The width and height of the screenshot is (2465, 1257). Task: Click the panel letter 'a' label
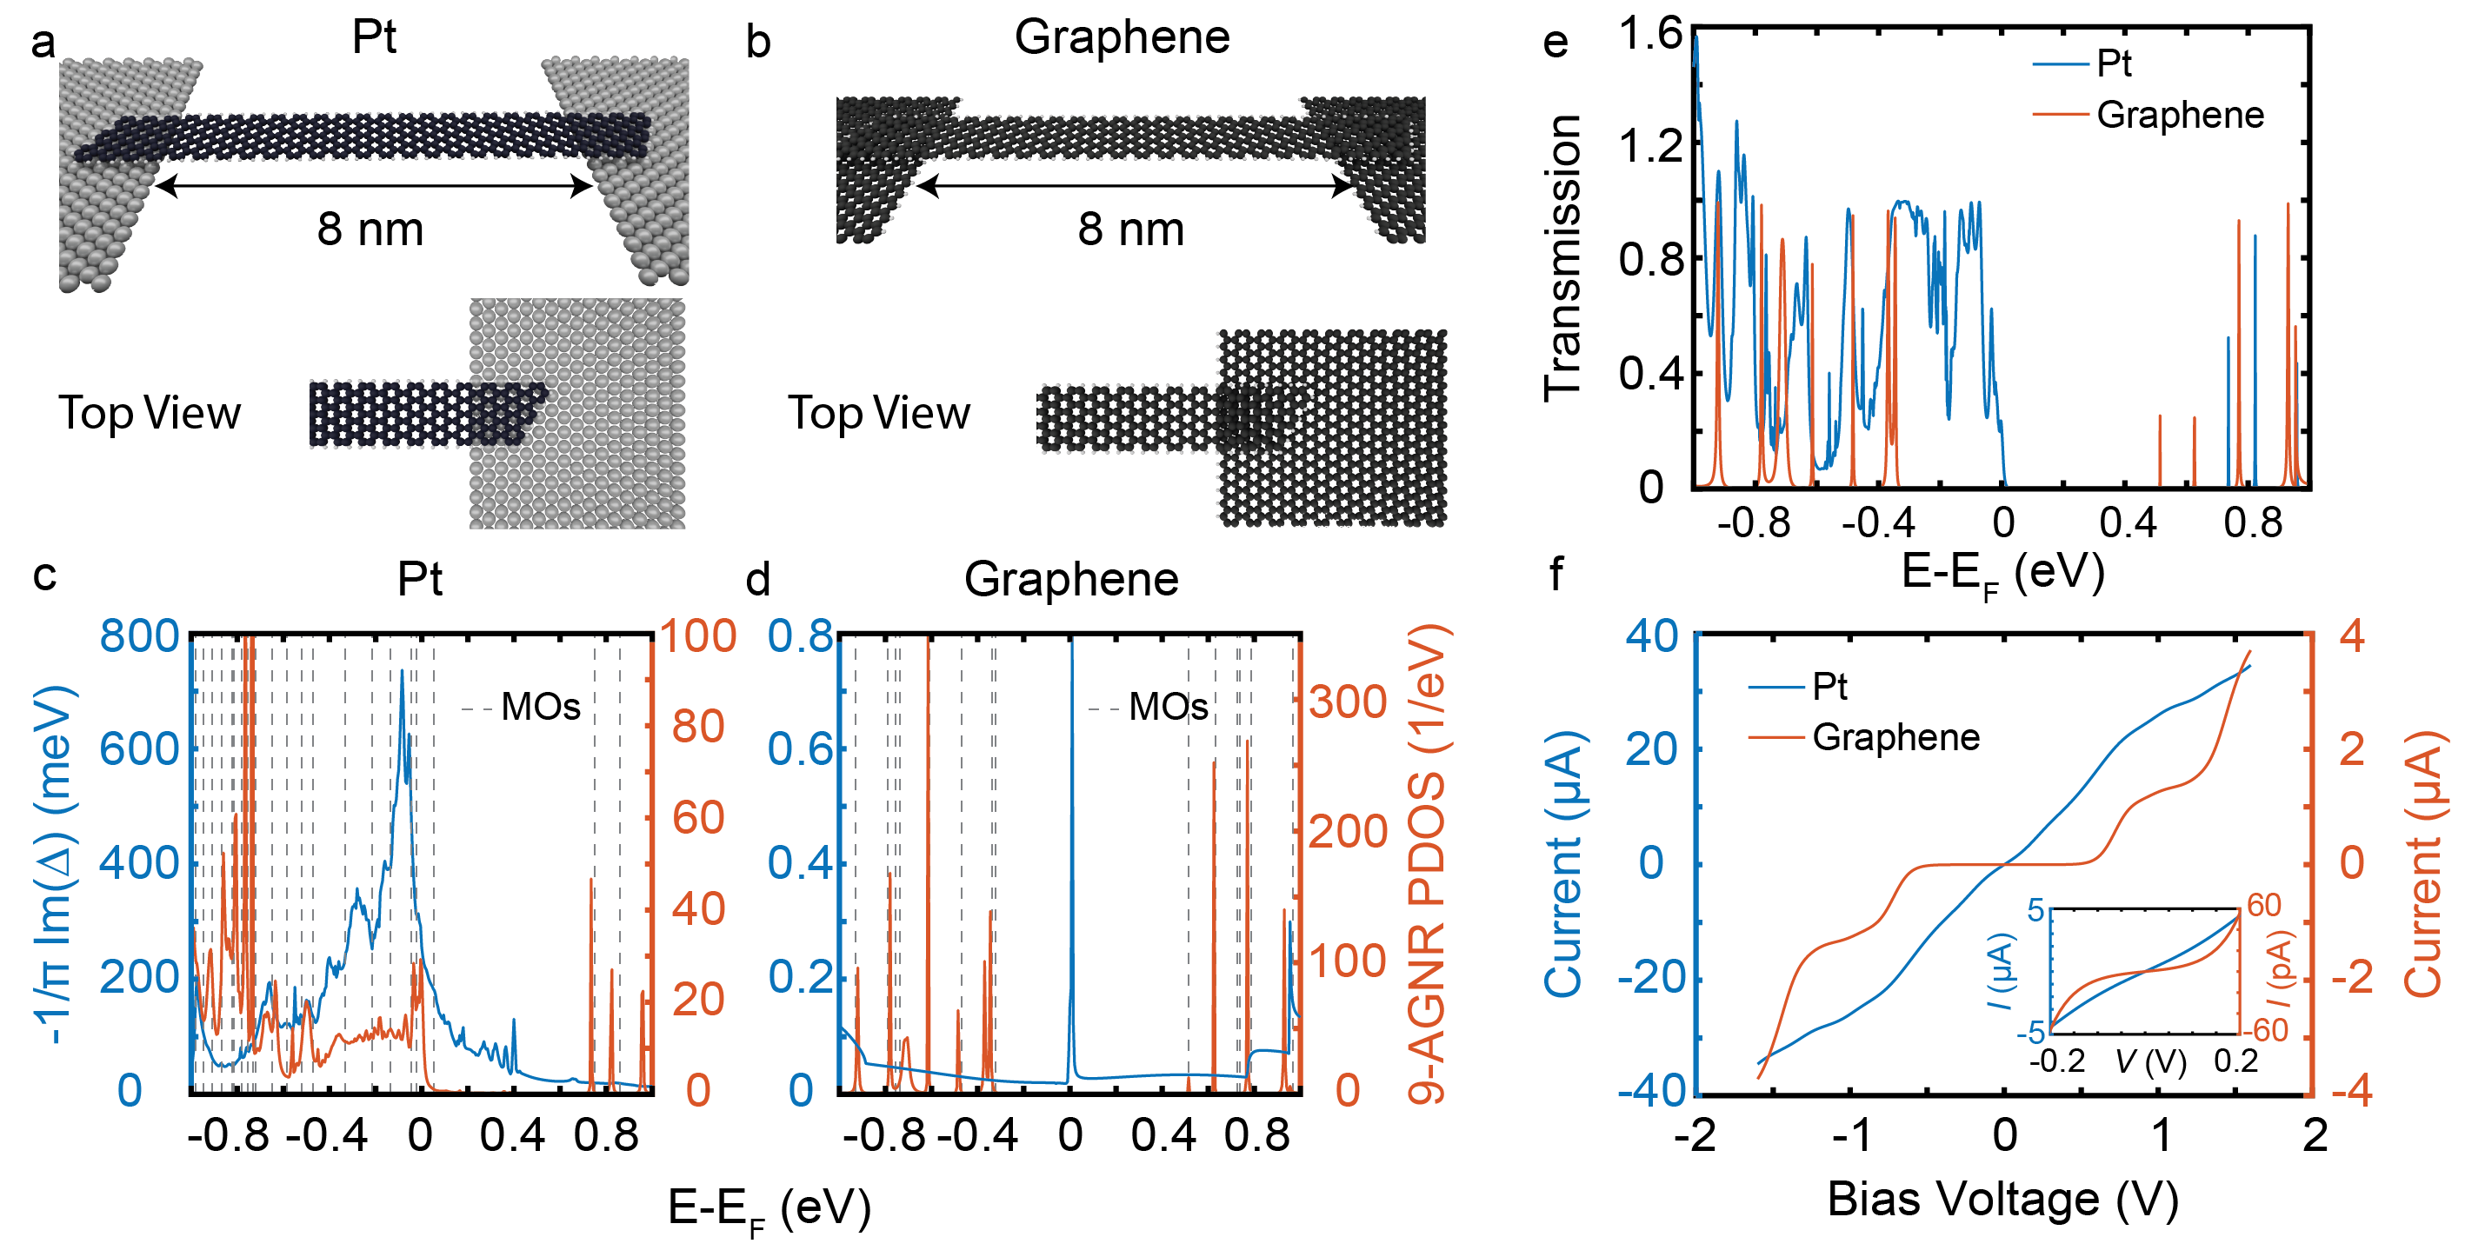pyautogui.click(x=43, y=43)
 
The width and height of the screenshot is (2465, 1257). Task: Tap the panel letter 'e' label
pyautogui.click(x=1556, y=43)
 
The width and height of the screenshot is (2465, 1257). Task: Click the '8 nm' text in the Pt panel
pyautogui.click(x=370, y=229)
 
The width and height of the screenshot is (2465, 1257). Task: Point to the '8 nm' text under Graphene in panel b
pyautogui.click(x=1131, y=229)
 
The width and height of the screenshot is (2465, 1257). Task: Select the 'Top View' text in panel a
pyautogui.click(x=150, y=413)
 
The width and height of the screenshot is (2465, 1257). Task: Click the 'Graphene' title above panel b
pyautogui.click(x=1122, y=38)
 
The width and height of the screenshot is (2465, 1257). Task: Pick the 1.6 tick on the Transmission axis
pyautogui.click(x=1649, y=34)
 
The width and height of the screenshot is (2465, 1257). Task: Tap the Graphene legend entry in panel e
pyautogui.click(x=2179, y=116)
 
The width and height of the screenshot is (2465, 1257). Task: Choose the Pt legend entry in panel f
pyautogui.click(x=1829, y=687)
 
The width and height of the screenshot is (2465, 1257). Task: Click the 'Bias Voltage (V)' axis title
pyautogui.click(x=2002, y=1200)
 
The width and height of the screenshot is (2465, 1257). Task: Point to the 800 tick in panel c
pyautogui.click(x=140, y=636)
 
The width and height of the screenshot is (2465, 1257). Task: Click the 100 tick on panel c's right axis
pyautogui.click(x=698, y=636)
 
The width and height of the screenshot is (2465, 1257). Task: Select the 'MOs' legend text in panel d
pyautogui.click(x=1169, y=708)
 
